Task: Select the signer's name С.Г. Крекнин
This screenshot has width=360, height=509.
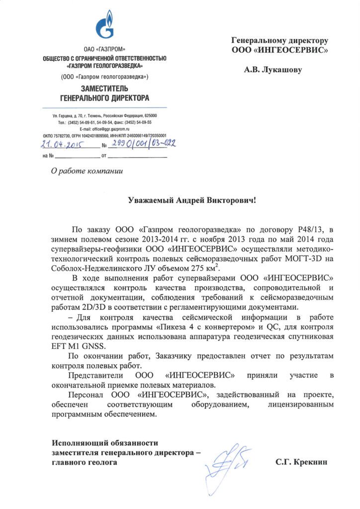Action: point(302,462)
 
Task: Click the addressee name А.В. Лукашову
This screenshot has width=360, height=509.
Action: point(272,70)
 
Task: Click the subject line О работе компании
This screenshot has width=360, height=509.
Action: point(87,171)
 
